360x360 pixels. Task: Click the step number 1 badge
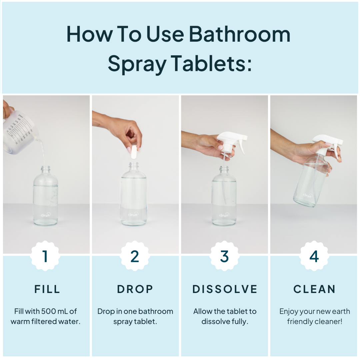coord(45,256)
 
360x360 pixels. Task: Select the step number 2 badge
coord(135,256)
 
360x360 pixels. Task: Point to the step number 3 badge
coord(224,256)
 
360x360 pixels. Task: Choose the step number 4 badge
coord(314,256)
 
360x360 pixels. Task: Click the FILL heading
coord(47,289)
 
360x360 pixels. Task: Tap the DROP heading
coord(135,289)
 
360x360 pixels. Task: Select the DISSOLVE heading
coord(225,289)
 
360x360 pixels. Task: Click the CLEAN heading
coord(314,289)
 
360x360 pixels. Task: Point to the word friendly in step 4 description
coord(300,322)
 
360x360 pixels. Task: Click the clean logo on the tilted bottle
coord(307,195)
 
